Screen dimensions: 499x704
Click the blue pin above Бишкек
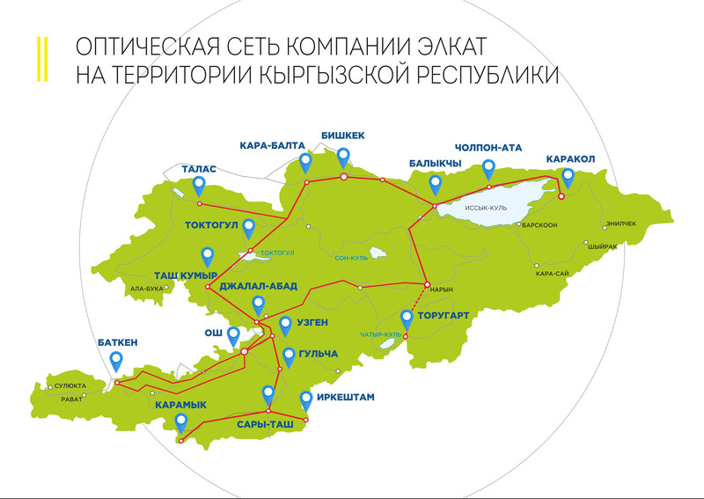343,157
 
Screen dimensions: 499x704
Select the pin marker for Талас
200,185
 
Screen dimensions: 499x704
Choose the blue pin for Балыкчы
435,183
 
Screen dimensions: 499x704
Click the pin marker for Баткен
116,361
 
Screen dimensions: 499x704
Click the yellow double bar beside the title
40,59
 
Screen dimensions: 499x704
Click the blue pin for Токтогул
249,228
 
